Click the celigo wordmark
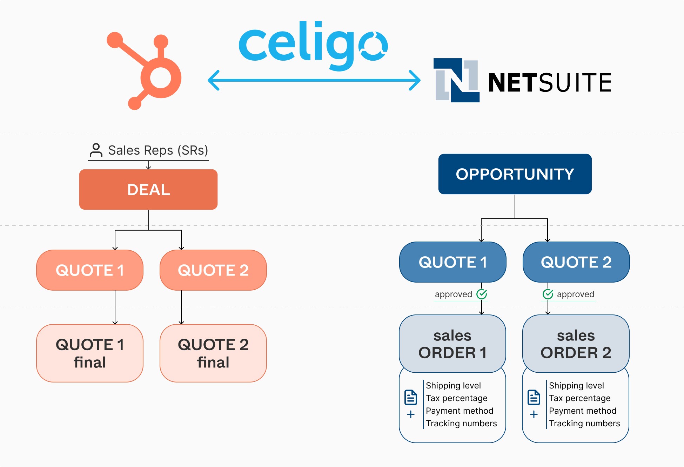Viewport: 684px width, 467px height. pyautogui.click(x=312, y=46)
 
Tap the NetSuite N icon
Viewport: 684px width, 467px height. pyautogui.click(x=456, y=80)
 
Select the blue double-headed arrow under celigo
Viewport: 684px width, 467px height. pyautogui.click(x=314, y=80)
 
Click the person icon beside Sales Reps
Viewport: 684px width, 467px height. pyautogui.click(x=96, y=150)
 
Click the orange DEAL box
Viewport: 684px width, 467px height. pyautogui.click(x=148, y=189)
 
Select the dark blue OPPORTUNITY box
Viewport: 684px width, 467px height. pyautogui.click(x=515, y=174)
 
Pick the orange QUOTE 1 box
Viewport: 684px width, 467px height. pyautogui.click(x=90, y=270)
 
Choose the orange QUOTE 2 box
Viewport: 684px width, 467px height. pyautogui.click(x=213, y=270)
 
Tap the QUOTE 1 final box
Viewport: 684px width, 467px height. pyautogui.click(x=90, y=353)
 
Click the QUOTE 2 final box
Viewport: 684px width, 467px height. pyautogui.click(x=213, y=353)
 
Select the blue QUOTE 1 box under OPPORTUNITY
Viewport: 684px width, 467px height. pyautogui.click(x=452, y=262)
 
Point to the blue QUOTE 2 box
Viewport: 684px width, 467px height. pyautogui.click(x=576, y=262)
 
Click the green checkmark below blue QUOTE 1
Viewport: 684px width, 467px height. pyautogui.click(x=482, y=294)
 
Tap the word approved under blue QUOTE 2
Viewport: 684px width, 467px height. pyautogui.click(x=575, y=294)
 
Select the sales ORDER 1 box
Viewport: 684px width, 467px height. pyautogui.click(x=452, y=344)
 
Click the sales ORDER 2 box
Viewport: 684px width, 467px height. pyautogui.click(x=576, y=344)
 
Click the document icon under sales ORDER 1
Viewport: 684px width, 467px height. pyautogui.click(x=410, y=397)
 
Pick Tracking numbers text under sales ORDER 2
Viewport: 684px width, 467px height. pyautogui.click(x=584, y=423)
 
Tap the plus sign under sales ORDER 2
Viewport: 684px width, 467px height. pyautogui.click(x=534, y=414)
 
